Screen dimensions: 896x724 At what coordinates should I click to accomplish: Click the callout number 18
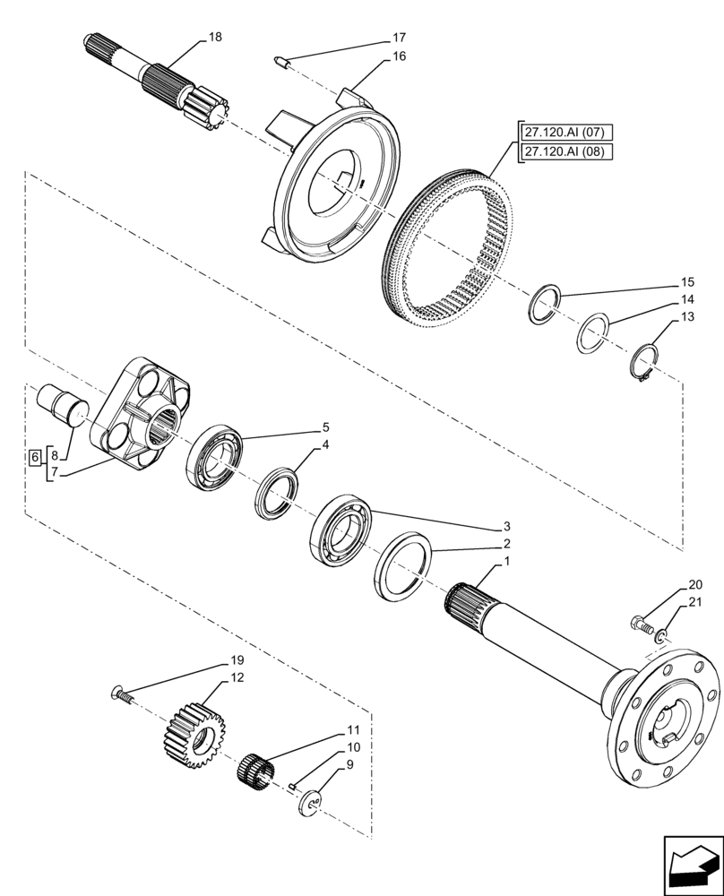coord(214,37)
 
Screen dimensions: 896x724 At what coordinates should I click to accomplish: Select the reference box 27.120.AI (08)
coord(565,151)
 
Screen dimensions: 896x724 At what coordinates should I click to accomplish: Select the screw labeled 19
coord(121,693)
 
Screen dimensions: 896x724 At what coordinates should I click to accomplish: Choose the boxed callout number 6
coord(34,457)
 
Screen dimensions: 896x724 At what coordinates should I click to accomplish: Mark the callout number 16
coord(399,56)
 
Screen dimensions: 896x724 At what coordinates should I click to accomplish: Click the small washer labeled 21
coord(660,637)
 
